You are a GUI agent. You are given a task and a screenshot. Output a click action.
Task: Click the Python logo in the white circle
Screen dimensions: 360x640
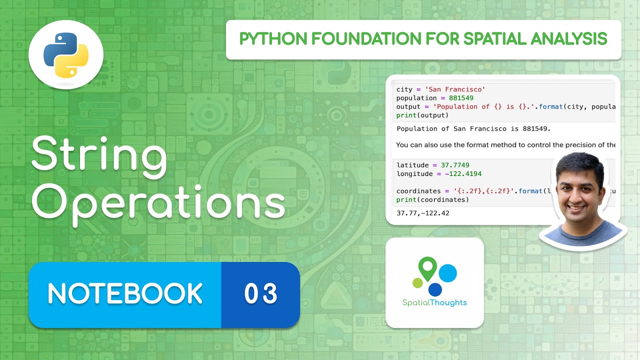(65, 54)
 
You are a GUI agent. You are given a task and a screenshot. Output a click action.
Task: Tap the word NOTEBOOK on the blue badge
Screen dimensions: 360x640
(125, 294)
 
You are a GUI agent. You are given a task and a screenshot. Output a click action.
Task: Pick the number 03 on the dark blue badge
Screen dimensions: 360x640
(260, 294)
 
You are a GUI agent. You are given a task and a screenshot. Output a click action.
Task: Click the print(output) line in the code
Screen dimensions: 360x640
(422, 115)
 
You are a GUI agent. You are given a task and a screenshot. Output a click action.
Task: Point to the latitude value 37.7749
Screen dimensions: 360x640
(455, 165)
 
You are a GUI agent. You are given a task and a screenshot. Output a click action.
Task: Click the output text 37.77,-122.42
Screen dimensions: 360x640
(422, 213)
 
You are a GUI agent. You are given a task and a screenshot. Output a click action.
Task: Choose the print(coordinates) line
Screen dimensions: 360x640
(432, 199)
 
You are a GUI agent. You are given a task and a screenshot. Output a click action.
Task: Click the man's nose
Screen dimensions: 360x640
(580, 192)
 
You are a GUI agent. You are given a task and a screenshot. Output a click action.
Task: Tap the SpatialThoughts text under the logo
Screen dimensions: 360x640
(434, 302)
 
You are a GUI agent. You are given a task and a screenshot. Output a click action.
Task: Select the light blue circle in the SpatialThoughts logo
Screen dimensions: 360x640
(447, 273)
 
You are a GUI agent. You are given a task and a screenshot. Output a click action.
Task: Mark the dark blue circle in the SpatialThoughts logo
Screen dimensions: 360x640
(435, 289)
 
